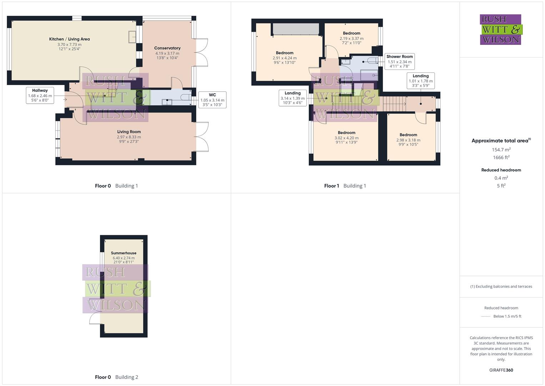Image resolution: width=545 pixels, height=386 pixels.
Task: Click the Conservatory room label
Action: pyautogui.click(x=167, y=48)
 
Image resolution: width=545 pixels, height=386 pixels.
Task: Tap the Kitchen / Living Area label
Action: pyautogui.click(x=69, y=39)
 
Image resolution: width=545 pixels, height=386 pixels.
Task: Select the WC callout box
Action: pyautogui.click(x=212, y=100)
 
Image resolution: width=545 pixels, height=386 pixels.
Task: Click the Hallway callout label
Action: pyautogui.click(x=40, y=95)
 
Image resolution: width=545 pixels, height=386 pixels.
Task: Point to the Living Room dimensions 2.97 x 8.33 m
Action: pyautogui.click(x=129, y=137)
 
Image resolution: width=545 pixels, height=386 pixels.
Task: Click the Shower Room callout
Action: pyautogui.click(x=399, y=61)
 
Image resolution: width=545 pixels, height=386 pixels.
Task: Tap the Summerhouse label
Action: pyautogui.click(x=123, y=253)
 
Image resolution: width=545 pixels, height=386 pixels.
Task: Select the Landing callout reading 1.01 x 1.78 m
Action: pyautogui.click(x=420, y=81)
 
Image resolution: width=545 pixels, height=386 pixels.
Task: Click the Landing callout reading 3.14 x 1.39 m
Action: pyautogui.click(x=293, y=98)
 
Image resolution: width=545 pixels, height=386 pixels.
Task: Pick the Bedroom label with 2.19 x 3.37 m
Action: pyautogui.click(x=352, y=33)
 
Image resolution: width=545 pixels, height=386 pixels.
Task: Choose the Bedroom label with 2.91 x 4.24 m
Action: pyautogui.click(x=284, y=53)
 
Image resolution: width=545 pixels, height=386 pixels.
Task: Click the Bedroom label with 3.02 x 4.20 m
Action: pyautogui.click(x=347, y=133)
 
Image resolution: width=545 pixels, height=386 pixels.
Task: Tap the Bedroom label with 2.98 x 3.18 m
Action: pyautogui.click(x=408, y=135)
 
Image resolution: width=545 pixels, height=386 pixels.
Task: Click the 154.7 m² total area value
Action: pyautogui.click(x=501, y=150)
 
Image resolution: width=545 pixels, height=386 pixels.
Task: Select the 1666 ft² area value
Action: pyautogui.click(x=501, y=158)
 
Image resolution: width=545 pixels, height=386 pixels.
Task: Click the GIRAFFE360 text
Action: pyautogui.click(x=501, y=370)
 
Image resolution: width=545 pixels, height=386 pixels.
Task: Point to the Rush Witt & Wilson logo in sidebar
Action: pyautogui.click(x=501, y=29)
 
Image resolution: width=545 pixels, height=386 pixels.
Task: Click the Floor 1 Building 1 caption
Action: pyautogui.click(x=345, y=186)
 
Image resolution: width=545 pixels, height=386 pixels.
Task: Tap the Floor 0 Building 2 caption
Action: pyautogui.click(x=116, y=377)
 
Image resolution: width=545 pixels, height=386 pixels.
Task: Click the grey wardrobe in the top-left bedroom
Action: pyautogui.click(x=296, y=29)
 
